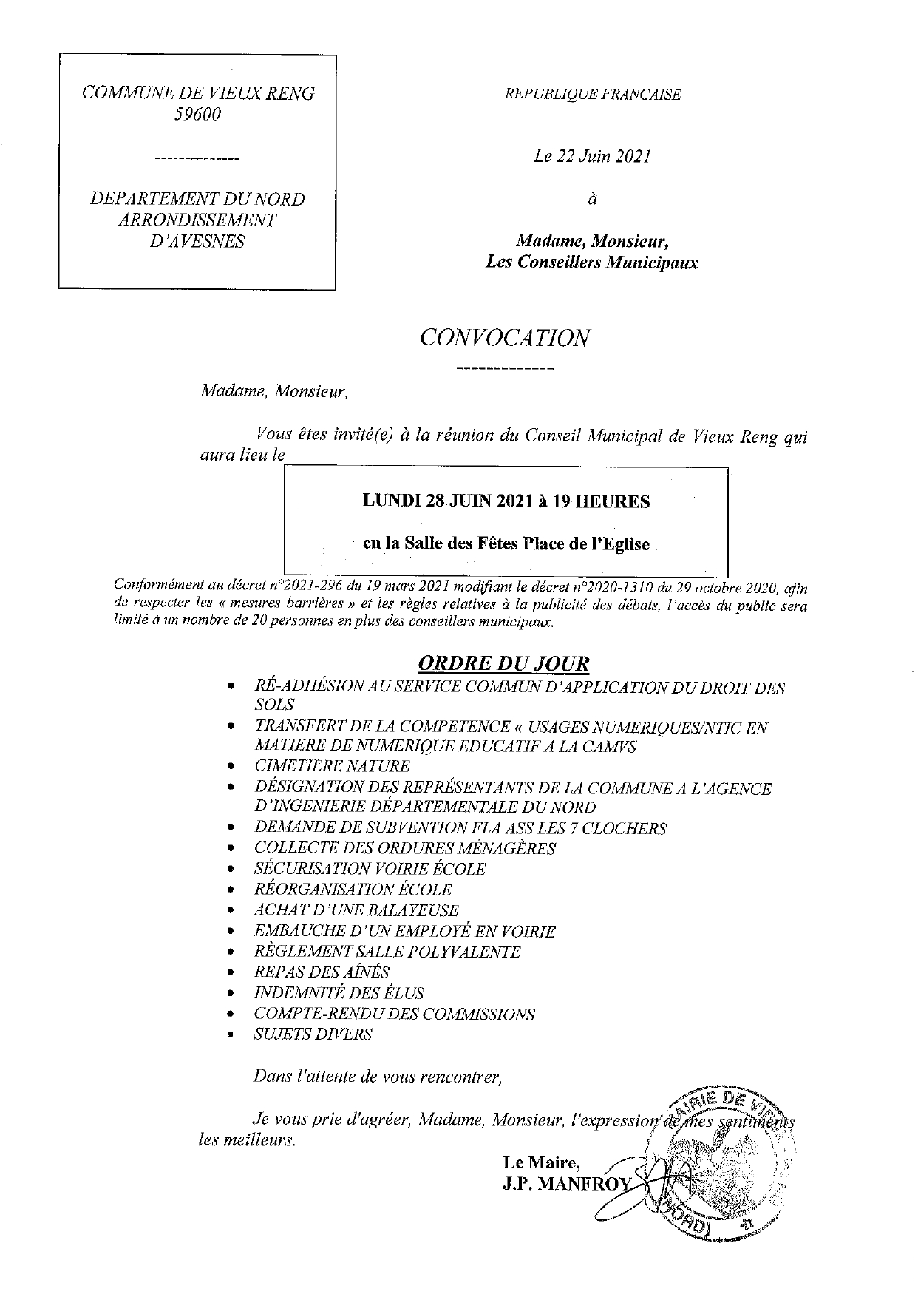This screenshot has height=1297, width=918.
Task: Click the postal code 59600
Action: point(197,115)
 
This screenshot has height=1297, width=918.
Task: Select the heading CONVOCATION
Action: point(505,338)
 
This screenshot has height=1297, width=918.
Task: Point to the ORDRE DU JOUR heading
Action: point(504,663)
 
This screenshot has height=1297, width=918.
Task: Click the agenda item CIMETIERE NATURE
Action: point(331,766)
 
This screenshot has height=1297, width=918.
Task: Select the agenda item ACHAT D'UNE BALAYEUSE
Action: point(356,910)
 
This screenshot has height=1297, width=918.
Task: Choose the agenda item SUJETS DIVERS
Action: point(313,1034)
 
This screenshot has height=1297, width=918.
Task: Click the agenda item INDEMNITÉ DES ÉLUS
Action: point(339,992)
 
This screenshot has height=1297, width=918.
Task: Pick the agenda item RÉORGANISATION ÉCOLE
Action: point(352,890)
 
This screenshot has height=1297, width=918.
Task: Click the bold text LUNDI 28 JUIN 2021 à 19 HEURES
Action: point(506,501)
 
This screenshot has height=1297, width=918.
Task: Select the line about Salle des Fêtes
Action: point(506,544)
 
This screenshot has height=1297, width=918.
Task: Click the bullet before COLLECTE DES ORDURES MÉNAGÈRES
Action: point(232,849)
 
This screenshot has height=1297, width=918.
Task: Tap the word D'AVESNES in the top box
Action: point(197,241)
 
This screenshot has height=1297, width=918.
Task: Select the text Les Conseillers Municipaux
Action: point(591,262)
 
